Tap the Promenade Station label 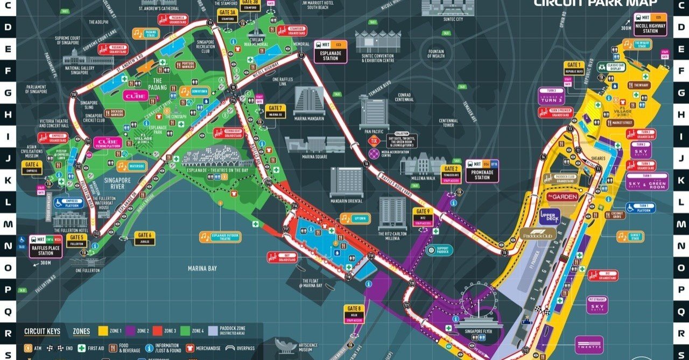(x=482, y=171)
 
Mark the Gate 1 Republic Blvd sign (x=574, y=68)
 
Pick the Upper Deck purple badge (x=550, y=217)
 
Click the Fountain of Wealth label (x=435, y=53)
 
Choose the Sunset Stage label (x=630, y=236)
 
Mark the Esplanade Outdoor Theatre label (x=225, y=237)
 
